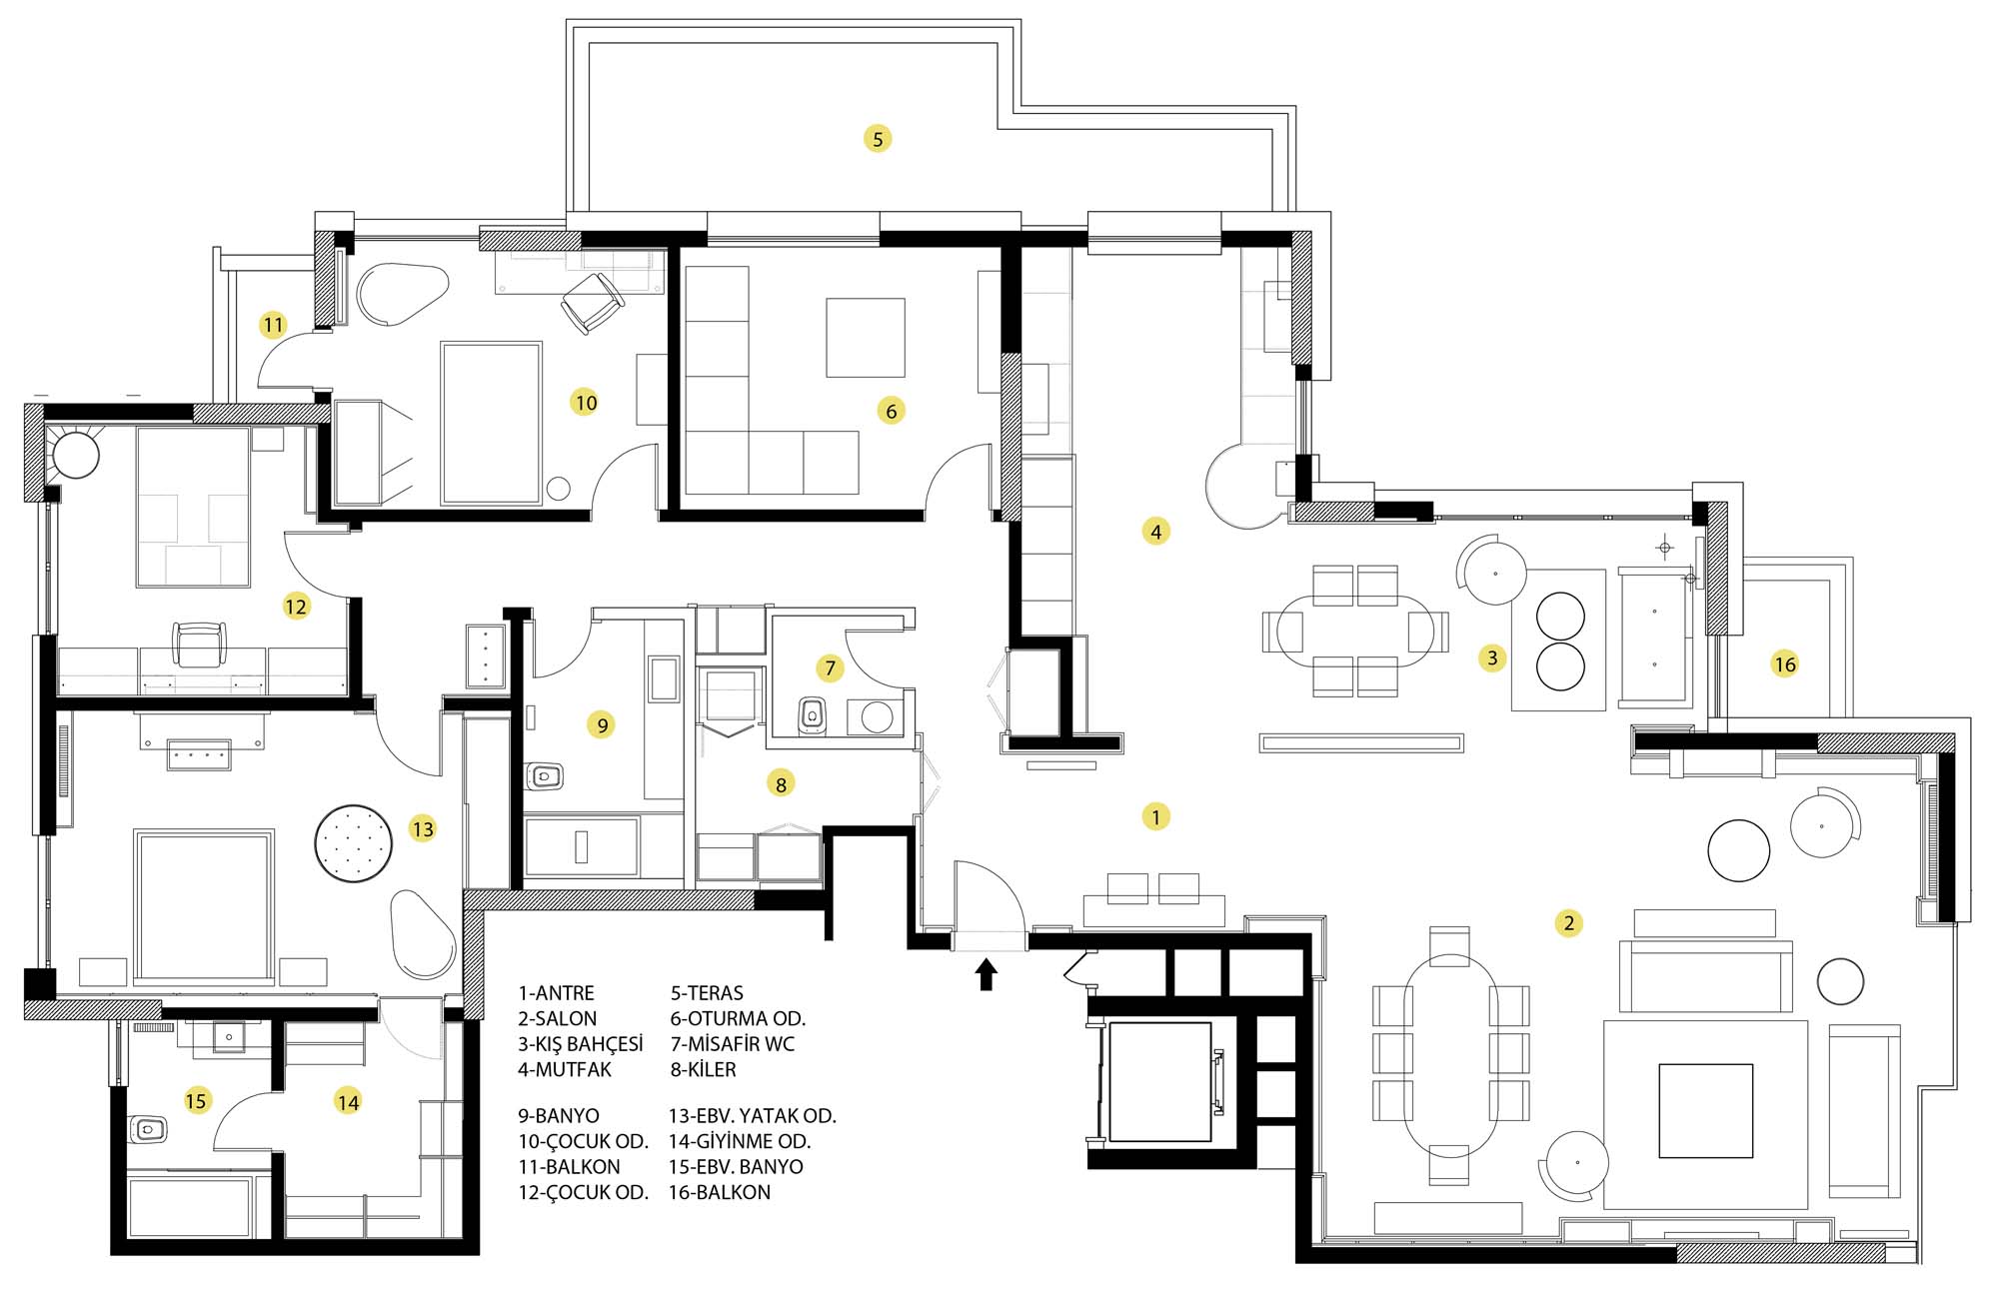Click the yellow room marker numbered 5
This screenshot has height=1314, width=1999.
pos(878,139)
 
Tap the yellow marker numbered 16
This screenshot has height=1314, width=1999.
pos(1784,663)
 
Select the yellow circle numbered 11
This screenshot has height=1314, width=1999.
pos(273,325)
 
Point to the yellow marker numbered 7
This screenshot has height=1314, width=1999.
pos(830,668)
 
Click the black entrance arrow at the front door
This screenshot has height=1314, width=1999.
pos(987,974)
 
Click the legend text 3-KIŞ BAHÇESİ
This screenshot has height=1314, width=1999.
pos(581,1044)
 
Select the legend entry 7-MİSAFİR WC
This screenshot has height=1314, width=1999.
pos(733,1044)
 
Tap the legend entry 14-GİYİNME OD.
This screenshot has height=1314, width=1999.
pos(740,1141)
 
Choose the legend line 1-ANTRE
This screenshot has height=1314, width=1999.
pos(556,993)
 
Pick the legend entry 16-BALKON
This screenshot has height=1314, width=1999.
pos(720,1192)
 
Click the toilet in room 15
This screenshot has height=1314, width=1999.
pos(148,1130)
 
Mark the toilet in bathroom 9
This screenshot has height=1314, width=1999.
pos(544,775)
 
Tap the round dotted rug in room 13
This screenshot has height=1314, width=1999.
pos(353,844)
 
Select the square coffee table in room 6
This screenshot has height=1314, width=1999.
pos(866,337)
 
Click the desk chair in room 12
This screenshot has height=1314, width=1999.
pos(199,645)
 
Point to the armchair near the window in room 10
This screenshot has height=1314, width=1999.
pos(592,303)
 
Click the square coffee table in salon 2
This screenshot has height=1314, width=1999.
pos(1706,1111)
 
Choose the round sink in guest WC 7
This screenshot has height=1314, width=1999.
pos(877,717)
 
